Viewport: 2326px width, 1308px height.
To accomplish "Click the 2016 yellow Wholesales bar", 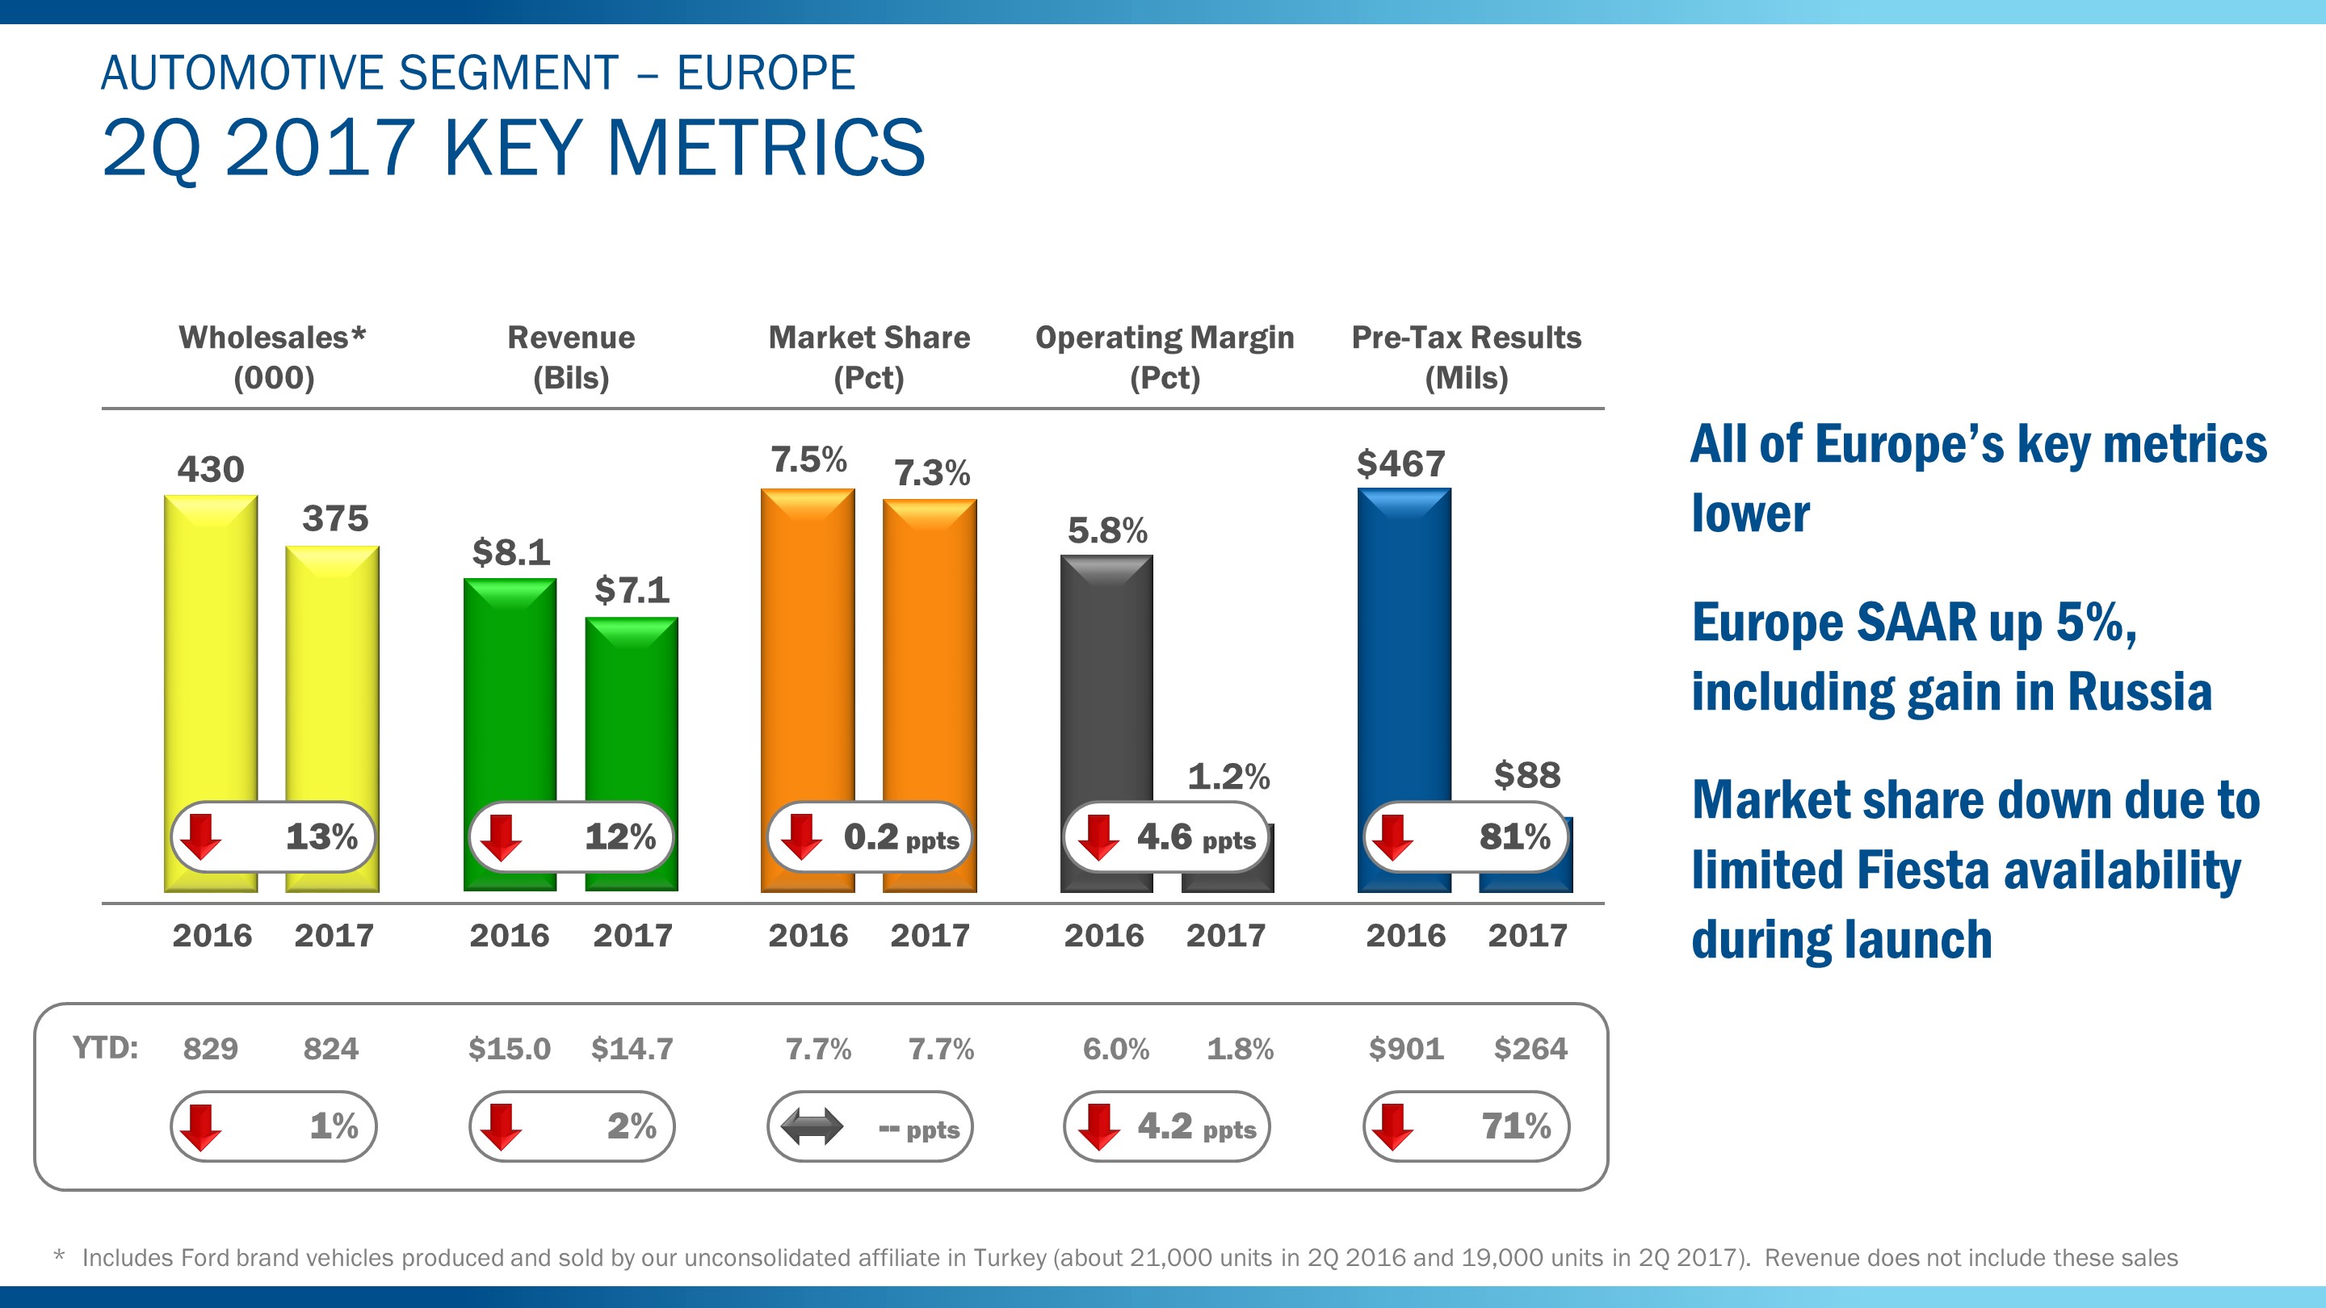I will click(210, 650).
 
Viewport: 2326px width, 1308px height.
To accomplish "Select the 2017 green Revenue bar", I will click(631, 713).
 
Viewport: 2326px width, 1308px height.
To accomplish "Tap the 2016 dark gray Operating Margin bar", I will click(1106, 677).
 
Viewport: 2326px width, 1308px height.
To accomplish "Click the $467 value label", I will click(1400, 464).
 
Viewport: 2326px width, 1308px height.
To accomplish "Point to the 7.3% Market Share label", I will click(931, 473).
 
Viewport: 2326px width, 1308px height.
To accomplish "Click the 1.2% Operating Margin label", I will click(1228, 776).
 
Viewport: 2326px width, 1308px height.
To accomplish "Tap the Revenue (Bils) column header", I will click(571, 357).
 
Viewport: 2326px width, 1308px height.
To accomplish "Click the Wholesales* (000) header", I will click(273, 357).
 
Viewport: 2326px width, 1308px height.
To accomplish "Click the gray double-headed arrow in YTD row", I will click(811, 1126).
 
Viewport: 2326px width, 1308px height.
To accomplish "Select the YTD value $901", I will click(1406, 1049).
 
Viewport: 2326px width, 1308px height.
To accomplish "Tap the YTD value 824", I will click(330, 1049).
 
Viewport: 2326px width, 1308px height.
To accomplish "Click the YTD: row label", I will click(105, 1048).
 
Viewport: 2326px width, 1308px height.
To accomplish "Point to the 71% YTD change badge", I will click(1467, 1126).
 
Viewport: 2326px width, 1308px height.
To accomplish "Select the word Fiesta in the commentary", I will click(1922, 870).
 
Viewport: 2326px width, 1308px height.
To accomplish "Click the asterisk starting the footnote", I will click(60, 1256).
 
